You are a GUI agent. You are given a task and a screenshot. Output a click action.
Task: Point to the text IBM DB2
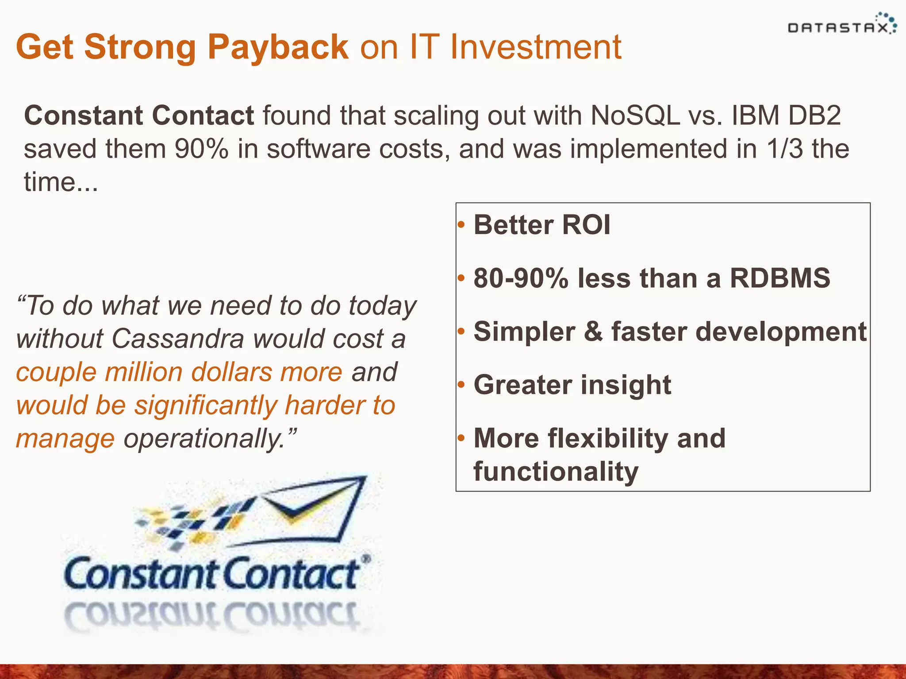(x=786, y=116)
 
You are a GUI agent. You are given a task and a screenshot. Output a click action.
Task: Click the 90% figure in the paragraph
(x=201, y=149)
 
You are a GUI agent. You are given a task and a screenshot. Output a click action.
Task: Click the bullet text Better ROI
(x=542, y=225)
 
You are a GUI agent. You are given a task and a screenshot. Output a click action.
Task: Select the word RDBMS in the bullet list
(x=779, y=278)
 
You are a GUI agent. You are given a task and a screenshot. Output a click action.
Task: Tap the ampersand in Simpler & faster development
(x=593, y=332)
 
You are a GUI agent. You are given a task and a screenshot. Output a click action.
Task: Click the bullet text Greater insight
(x=572, y=385)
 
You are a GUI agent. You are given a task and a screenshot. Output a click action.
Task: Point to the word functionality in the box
(x=556, y=471)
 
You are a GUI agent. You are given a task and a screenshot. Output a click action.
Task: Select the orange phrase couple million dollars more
(x=179, y=372)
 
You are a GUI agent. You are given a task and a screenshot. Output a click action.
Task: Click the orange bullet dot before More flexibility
(x=461, y=438)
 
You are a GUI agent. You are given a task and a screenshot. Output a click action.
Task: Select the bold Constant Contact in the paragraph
(x=139, y=116)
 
